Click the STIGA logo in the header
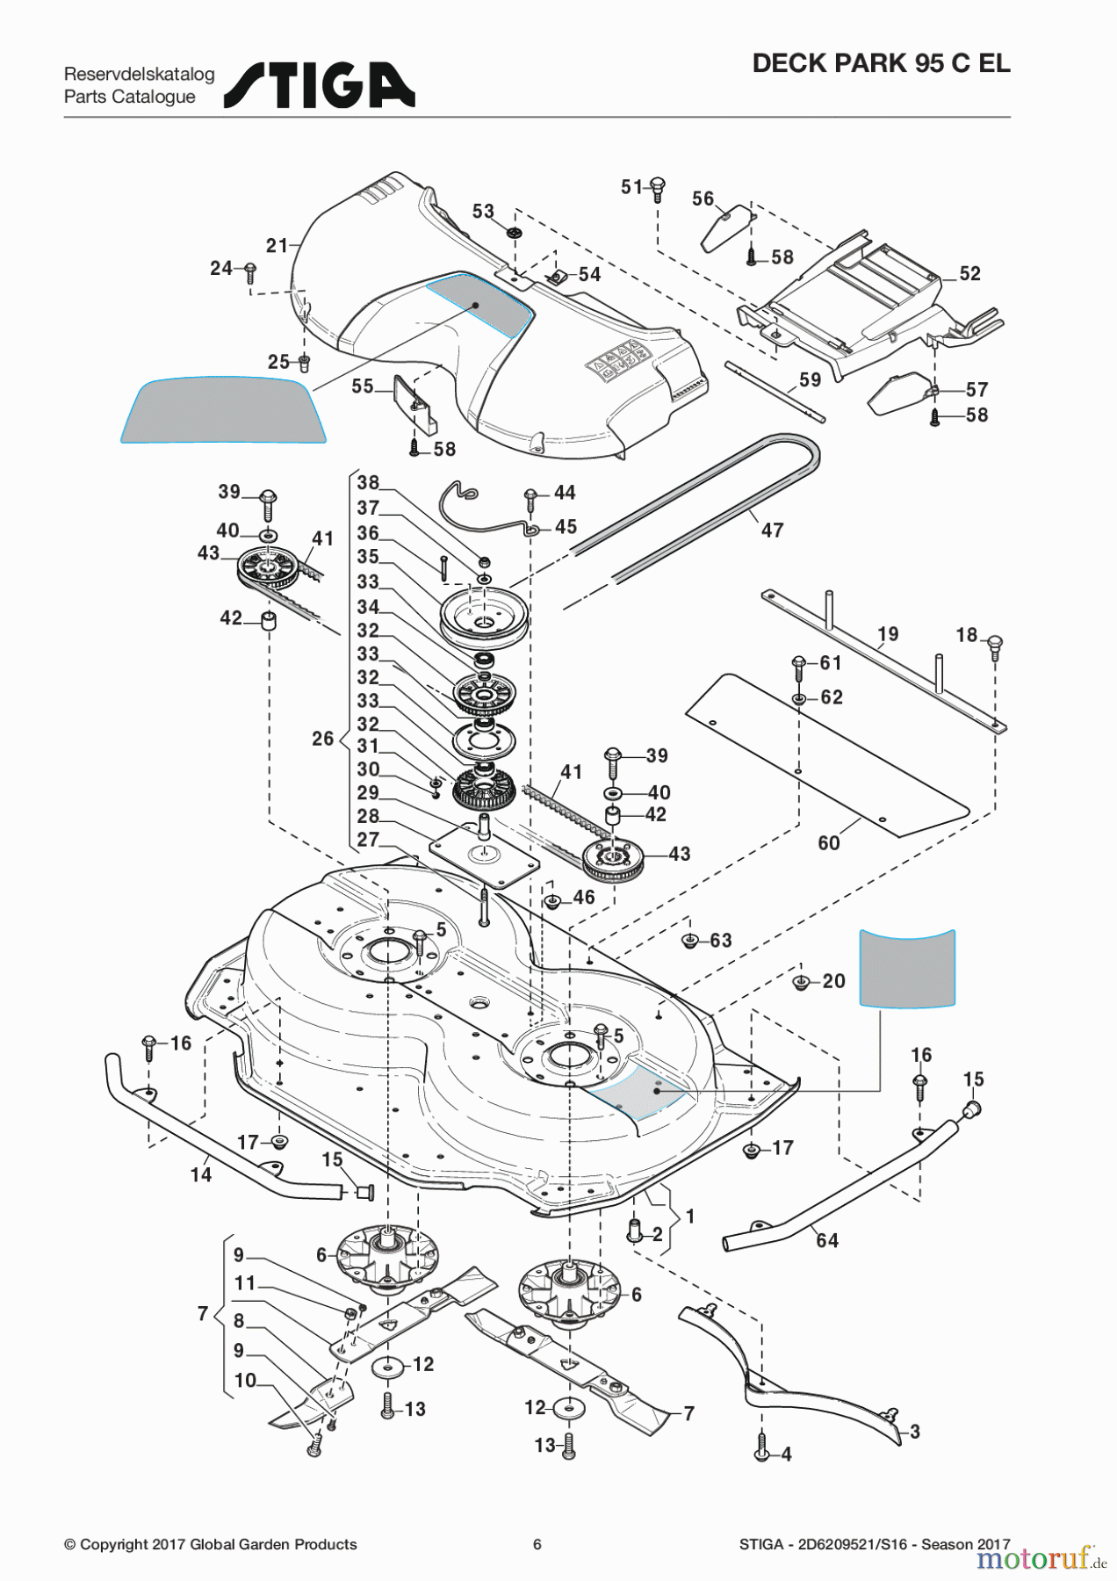[x=320, y=85]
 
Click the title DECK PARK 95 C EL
[x=881, y=63]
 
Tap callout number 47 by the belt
[x=772, y=531]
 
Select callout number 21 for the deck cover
[x=277, y=246]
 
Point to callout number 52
[x=969, y=274]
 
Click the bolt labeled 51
[x=657, y=188]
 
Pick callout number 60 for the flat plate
[x=829, y=843]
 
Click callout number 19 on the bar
[x=888, y=634]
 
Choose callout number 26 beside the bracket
[x=322, y=739]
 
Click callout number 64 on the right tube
[x=827, y=1240]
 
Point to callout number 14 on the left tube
[x=201, y=1175]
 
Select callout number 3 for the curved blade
[x=914, y=1432]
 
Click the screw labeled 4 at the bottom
[x=761, y=1454]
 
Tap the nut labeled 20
[x=801, y=982]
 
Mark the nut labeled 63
[x=690, y=942]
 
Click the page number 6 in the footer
[x=537, y=1544]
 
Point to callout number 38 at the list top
[x=368, y=483]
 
